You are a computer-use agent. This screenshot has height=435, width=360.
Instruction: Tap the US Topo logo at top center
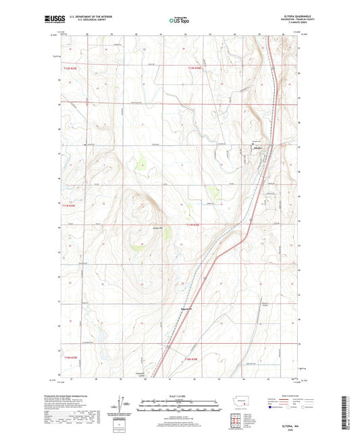178,21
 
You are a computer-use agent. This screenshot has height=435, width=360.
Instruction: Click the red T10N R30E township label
195,359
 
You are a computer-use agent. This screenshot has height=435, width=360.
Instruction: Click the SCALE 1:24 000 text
179,396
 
